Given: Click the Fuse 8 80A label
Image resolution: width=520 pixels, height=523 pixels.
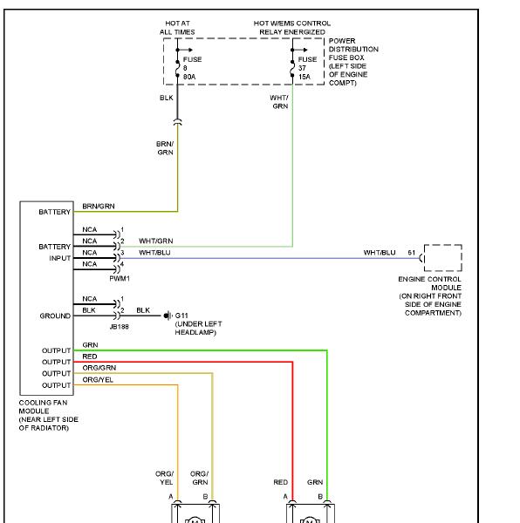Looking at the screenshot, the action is pyautogui.click(x=192, y=68).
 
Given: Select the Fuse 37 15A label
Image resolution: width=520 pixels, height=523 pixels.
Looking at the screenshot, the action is pyautogui.click(x=307, y=68).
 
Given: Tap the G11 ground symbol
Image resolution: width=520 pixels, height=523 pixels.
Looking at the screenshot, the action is pyautogui.click(x=168, y=316).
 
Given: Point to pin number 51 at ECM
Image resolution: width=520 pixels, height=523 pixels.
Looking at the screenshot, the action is pyautogui.click(x=411, y=253).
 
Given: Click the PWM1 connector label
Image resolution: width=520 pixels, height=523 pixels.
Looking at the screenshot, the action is pyautogui.click(x=120, y=279).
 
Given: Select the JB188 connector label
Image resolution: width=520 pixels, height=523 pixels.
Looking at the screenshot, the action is pyautogui.click(x=120, y=327).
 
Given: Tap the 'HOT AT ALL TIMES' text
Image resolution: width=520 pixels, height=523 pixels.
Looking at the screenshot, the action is pyautogui.click(x=177, y=28).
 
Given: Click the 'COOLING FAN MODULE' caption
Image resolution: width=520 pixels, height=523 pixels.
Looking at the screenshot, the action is pyautogui.click(x=43, y=406).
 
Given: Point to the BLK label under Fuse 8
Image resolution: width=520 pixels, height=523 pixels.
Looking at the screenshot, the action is pyautogui.click(x=167, y=98).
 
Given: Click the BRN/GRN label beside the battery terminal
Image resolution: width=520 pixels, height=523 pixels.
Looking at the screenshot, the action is pyautogui.click(x=99, y=206).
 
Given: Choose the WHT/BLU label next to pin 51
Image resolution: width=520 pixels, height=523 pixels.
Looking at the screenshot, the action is pyautogui.click(x=380, y=253).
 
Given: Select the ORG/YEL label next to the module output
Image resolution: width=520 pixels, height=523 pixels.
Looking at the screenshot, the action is pyautogui.click(x=98, y=380).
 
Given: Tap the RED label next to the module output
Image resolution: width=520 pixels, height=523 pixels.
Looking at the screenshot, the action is pyautogui.click(x=90, y=357).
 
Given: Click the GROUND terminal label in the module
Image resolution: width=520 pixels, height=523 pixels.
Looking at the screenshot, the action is pyautogui.click(x=55, y=316).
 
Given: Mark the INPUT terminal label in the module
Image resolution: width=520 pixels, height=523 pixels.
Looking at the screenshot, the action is pyautogui.click(x=59, y=259).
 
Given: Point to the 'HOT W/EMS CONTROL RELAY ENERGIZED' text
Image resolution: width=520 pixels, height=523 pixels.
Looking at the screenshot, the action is pyautogui.click(x=292, y=28).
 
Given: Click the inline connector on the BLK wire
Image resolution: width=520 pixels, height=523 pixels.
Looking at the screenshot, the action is pyautogui.click(x=178, y=122).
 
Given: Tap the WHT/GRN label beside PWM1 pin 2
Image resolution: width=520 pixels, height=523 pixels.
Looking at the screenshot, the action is pyautogui.click(x=156, y=241).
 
